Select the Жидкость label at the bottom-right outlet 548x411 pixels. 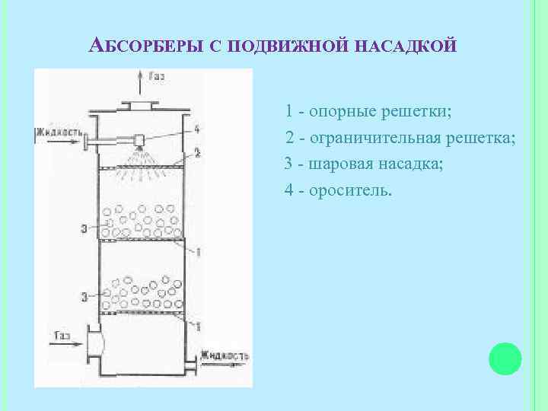click(225, 355)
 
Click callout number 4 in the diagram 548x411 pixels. click(196, 128)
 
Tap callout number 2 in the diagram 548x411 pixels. click(196, 153)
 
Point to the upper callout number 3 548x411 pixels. click(83, 228)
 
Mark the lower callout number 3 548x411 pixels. click(83, 295)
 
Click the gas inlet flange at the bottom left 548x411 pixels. click(94, 342)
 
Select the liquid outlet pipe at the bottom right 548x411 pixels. click(196, 364)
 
